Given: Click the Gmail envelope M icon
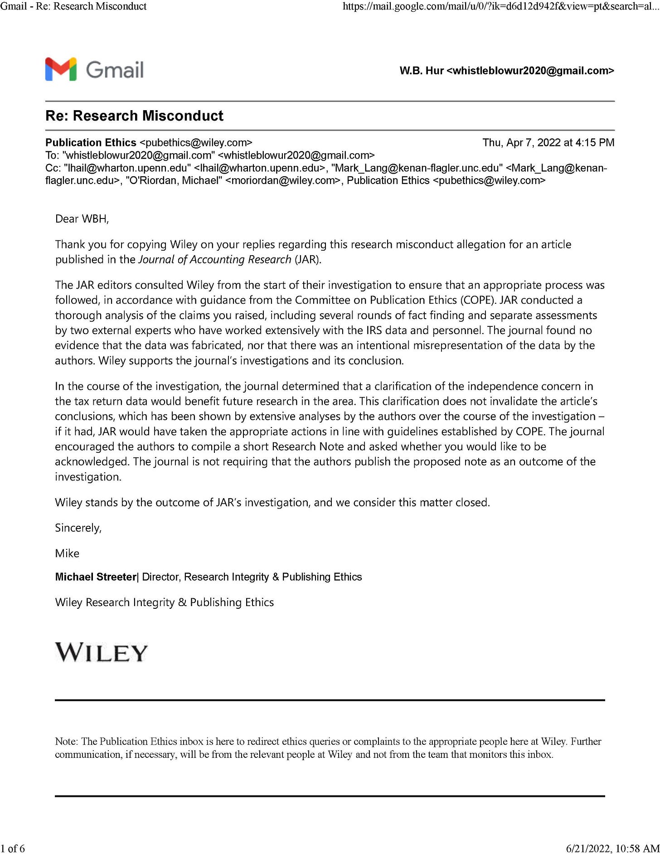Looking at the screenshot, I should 61,69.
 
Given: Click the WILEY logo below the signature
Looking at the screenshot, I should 102,653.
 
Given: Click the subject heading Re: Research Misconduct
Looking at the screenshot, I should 134,116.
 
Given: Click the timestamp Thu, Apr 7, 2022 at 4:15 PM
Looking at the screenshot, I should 548,142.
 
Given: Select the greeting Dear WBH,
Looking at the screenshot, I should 82,219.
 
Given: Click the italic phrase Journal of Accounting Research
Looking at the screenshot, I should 214,259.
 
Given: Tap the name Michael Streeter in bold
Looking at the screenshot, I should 95,577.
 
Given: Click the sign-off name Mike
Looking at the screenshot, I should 67,553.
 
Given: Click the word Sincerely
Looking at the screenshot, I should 78,528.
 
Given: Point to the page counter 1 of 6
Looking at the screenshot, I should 13,848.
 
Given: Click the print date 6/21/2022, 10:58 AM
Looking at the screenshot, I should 612,848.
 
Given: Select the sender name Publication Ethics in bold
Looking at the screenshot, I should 91,142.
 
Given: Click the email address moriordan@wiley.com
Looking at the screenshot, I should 282,180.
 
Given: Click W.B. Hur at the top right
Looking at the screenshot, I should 421,71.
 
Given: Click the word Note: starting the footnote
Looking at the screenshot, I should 67,742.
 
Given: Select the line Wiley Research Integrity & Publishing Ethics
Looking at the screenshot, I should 164,602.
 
